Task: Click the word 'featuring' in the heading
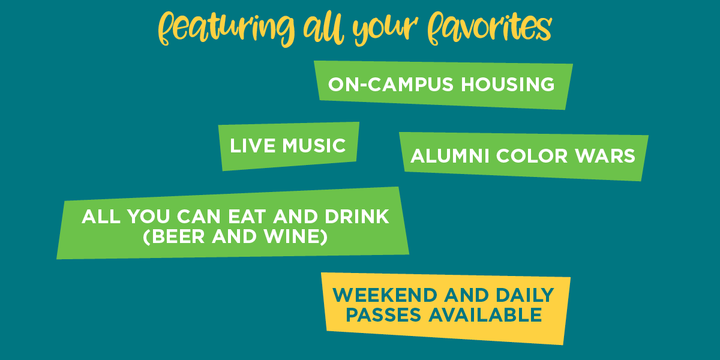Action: pos(226,29)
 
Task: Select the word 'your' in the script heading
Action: pos(385,31)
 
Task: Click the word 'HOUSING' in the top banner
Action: pos(508,85)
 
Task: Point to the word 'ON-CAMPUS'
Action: pos(391,85)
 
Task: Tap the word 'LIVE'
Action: pos(253,146)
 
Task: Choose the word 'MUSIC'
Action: pos(314,146)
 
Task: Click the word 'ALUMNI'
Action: pos(449,156)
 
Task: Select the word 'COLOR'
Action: pos(532,156)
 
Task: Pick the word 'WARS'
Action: pos(605,156)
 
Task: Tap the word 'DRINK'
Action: pos(357,217)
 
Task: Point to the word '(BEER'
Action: pos(174,236)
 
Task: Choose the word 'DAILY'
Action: pos(525,295)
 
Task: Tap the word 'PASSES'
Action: pos(383,314)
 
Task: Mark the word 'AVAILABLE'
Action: pos(485,314)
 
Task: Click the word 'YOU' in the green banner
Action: pos(149,217)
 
